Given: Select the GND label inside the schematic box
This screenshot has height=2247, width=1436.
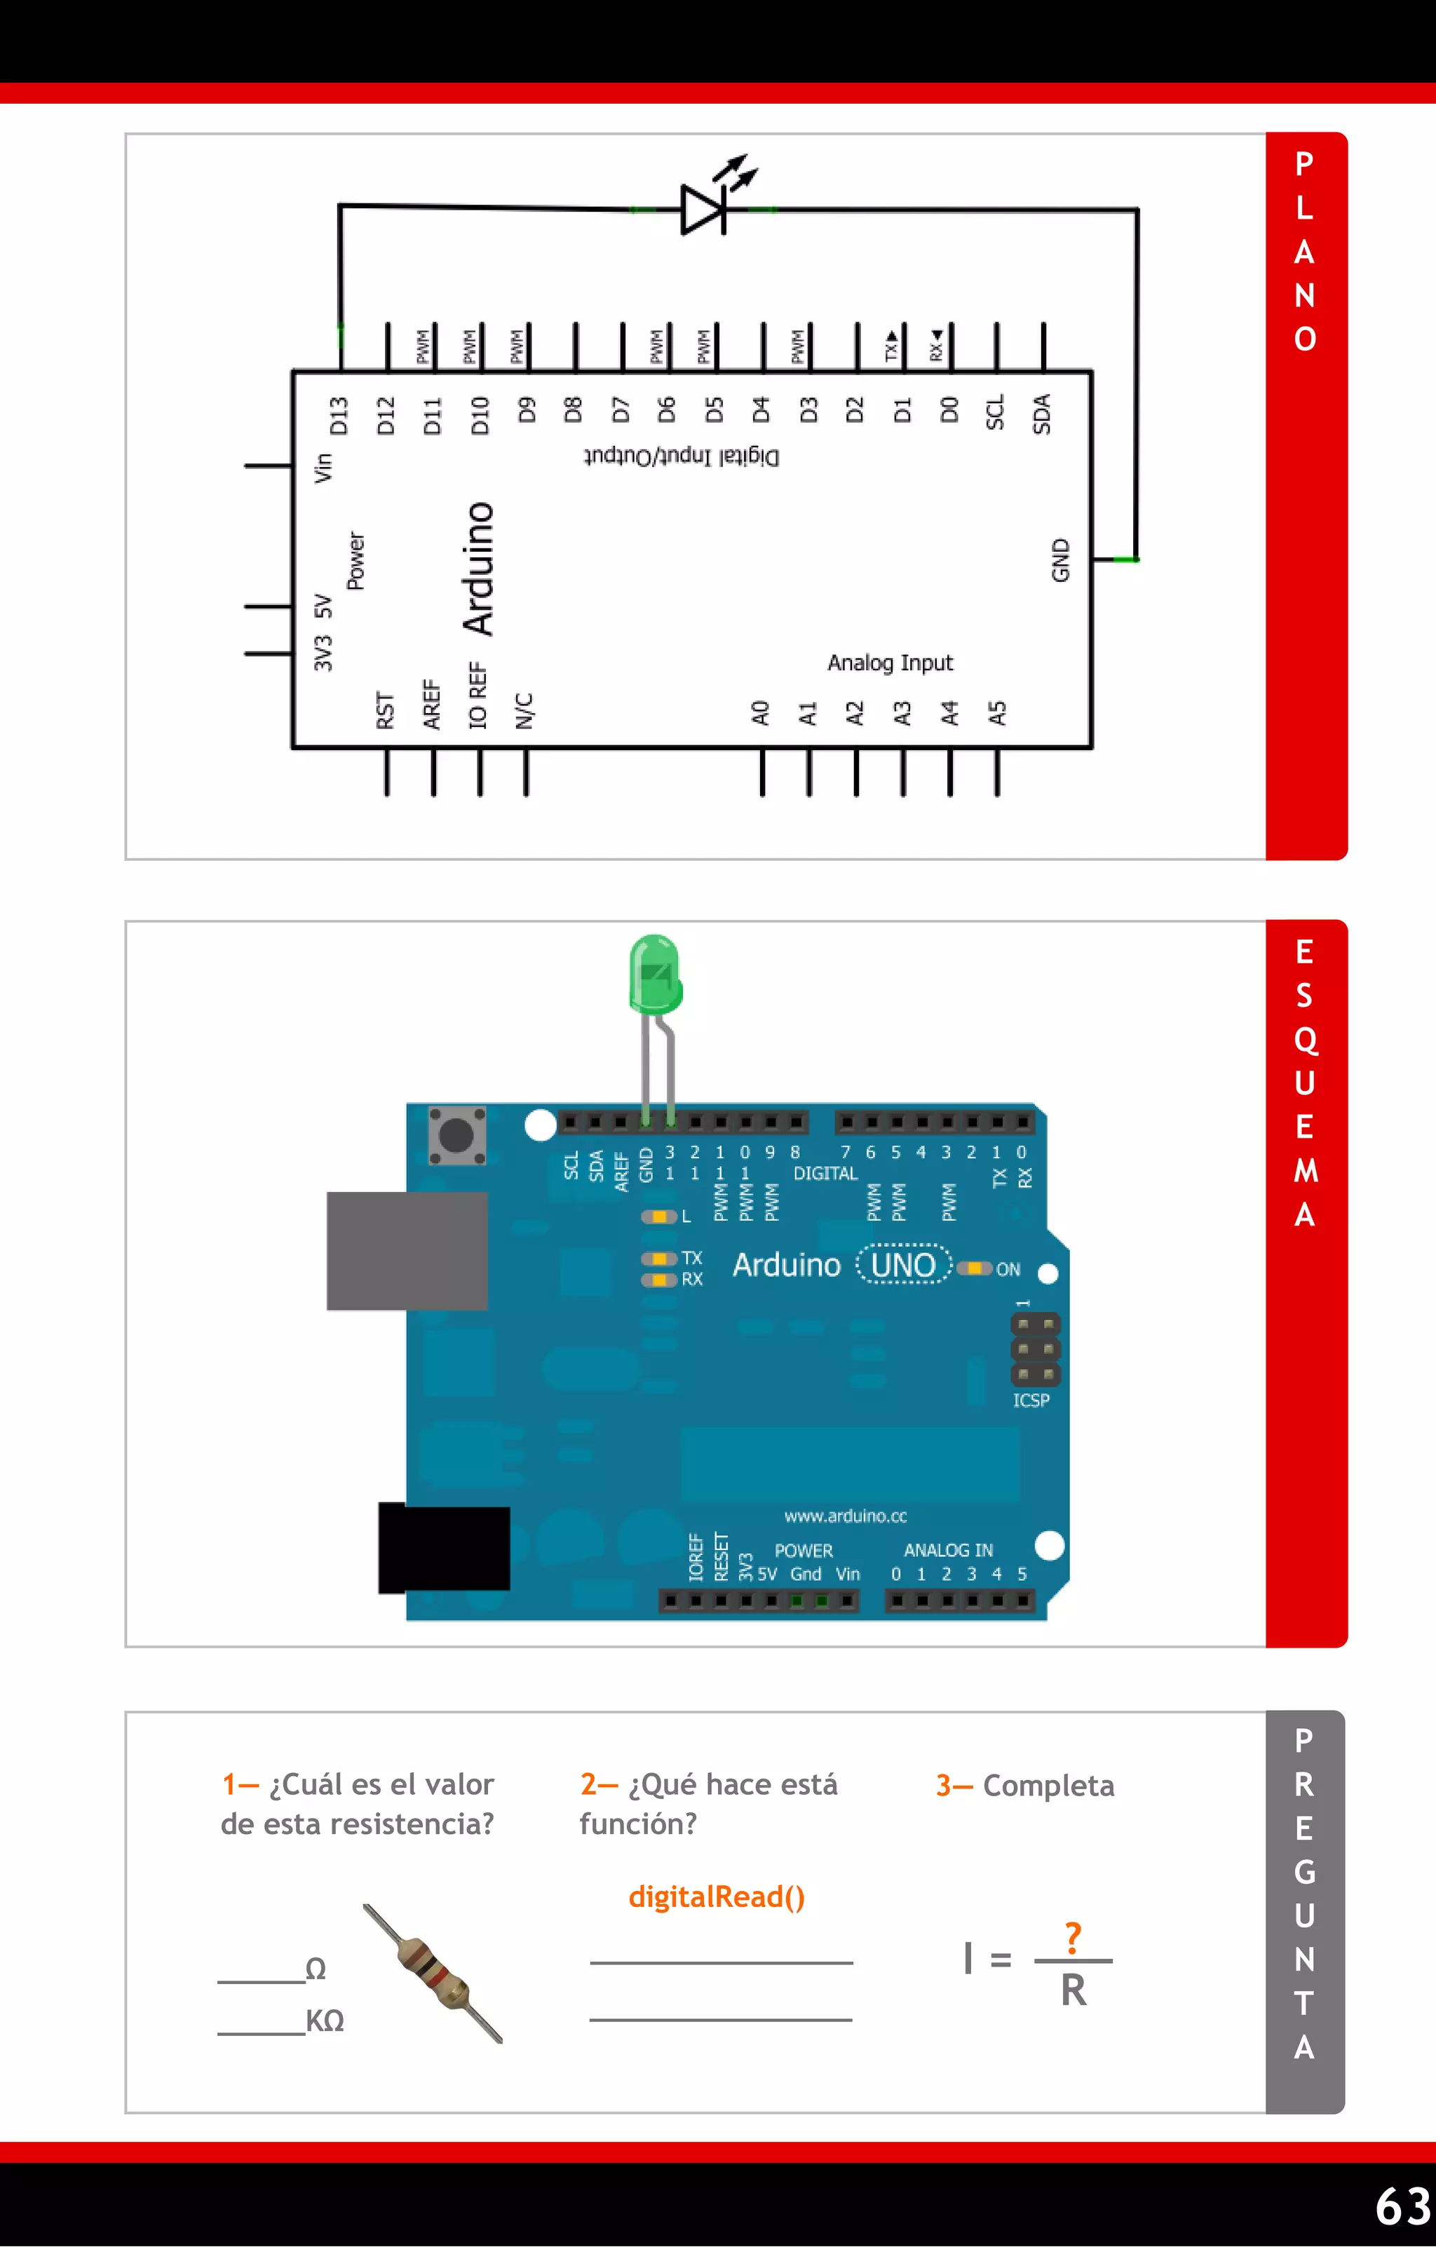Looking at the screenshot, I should pos(1061,560).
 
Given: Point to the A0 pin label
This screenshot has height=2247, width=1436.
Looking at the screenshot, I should pos(761,713).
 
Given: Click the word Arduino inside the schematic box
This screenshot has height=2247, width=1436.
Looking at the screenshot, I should pos(480,569).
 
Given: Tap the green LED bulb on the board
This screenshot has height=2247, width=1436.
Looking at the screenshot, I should pos(655,975).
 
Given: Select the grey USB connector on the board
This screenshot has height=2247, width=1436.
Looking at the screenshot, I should pos(407,1251).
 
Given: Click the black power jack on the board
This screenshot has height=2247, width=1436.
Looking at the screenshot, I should pos(444,1547).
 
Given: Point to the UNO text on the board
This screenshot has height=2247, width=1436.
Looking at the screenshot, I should pos(903,1265).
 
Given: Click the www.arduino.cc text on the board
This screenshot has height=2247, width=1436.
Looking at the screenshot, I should pos(846,1516).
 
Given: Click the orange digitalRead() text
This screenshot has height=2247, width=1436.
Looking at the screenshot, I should pos(717,1896).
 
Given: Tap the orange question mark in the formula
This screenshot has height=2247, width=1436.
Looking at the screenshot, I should pos(1073,1937).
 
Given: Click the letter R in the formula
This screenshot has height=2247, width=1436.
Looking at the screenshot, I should pos(1073,1991).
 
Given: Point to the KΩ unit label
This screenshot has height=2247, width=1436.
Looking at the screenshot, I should pos(325,2021).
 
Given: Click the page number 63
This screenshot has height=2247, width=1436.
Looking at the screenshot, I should pos(1402,2206).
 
